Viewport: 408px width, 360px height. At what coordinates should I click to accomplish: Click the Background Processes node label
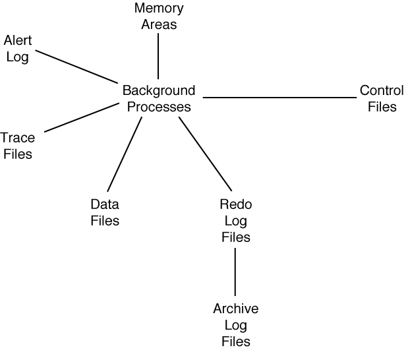159,98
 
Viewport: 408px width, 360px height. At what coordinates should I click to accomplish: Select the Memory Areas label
158,16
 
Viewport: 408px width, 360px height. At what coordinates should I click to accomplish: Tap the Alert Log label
17,49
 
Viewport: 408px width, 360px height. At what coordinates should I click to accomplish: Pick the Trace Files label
16,146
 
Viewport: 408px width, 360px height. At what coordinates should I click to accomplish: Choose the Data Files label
105,212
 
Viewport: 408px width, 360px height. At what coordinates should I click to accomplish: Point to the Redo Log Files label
235,220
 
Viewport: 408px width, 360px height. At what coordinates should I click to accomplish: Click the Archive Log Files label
235,324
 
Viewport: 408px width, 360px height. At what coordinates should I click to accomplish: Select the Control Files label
382,98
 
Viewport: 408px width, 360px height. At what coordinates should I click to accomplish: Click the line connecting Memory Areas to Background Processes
158,55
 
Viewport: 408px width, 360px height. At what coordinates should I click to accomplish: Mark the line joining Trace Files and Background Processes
80,117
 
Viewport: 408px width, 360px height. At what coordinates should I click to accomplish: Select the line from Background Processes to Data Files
125,154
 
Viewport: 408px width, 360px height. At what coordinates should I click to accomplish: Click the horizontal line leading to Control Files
279,98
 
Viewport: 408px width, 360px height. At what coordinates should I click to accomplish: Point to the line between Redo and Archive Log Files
235,272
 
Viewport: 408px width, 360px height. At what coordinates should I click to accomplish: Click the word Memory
158,9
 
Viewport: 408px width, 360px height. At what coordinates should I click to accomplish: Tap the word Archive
235,309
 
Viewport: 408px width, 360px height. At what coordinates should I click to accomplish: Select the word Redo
235,204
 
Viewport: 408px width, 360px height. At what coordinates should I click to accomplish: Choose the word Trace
18,138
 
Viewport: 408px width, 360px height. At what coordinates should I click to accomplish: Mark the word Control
382,90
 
